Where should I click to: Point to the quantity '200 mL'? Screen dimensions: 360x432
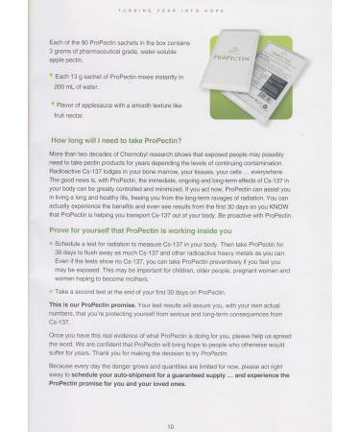tap(69, 84)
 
